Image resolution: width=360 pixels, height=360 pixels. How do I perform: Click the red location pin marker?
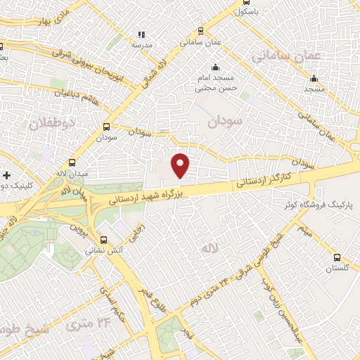181,165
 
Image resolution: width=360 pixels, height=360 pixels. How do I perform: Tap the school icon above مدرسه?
141,34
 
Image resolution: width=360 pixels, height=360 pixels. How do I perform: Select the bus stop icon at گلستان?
337,257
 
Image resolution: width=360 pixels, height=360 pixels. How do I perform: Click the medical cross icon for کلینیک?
6,174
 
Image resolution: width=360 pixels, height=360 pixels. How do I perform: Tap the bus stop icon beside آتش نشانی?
103,238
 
